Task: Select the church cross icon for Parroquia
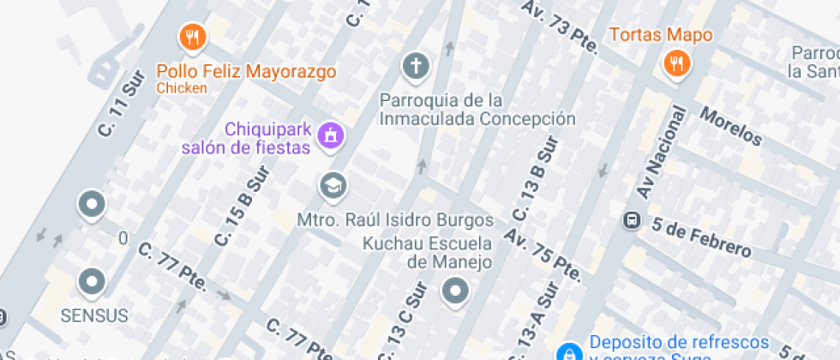click(x=415, y=64)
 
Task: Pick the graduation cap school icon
click(x=330, y=184)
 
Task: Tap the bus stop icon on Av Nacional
click(x=632, y=220)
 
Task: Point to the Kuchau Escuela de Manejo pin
click(x=455, y=291)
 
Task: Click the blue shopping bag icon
click(x=567, y=351)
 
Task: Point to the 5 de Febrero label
click(x=701, y=238)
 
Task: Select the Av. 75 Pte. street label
click(x=543, y=255)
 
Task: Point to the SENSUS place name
click(x=94, y=315)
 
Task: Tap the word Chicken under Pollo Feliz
click(x=182, y=87)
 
